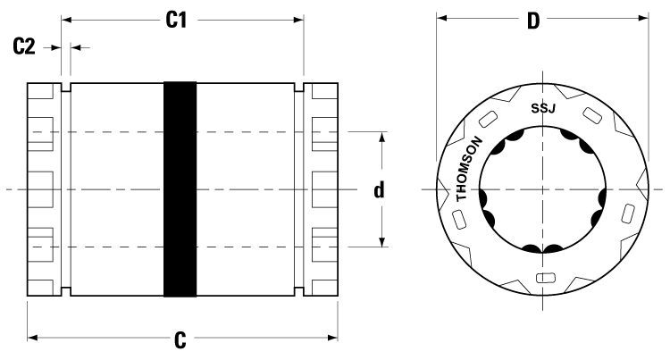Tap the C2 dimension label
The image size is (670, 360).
point(24,46)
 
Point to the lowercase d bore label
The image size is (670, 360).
point(380,190)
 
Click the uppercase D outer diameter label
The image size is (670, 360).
point(533,21)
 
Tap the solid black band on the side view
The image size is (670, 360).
point(180,189)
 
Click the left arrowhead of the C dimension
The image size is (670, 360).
point(33,338)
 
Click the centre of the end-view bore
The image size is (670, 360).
point(541,189)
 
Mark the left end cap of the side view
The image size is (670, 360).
point(45,189)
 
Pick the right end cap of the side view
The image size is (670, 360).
point(321,189)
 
